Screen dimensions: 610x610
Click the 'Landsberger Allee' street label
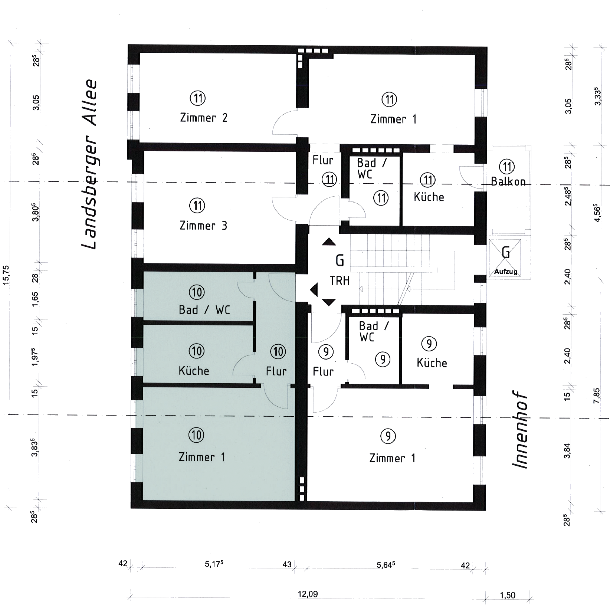[89, 164]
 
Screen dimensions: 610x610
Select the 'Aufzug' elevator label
[506, 272]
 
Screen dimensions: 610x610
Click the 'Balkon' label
[508, 181]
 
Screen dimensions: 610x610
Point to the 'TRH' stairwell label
[340, 281]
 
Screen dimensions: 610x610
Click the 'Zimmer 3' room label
[203, 226]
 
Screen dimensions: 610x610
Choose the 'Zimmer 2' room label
[203, 118]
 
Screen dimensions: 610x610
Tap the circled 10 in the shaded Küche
[196, 351]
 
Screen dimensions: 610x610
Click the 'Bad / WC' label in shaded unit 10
[204, 310]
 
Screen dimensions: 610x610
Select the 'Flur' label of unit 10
[276, 371]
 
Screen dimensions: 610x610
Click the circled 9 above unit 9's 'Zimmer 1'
[388, 436]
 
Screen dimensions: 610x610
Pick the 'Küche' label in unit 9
[432, 363]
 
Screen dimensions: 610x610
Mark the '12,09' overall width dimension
[308, 594]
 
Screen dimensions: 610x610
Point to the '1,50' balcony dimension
[508, 596]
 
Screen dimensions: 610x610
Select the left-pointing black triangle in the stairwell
[314, 289]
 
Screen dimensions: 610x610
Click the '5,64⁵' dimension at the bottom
[386, 565]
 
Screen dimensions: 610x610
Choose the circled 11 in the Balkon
[507, 167]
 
